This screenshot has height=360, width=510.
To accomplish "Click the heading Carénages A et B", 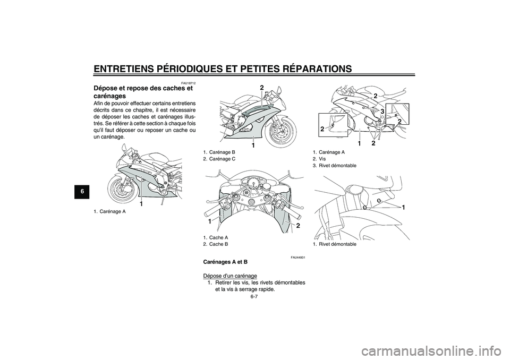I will click(225, 262).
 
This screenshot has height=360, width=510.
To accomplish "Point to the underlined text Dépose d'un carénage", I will click(230, 276).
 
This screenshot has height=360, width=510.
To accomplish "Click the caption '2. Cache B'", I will click(215, 244).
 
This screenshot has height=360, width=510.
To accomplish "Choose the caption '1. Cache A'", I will click(215, 237).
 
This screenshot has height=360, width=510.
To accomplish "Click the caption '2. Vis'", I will click(321, 159).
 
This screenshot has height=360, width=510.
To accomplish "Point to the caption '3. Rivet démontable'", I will click(334, 166).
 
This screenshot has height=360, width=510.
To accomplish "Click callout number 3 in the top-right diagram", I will click(381, 110).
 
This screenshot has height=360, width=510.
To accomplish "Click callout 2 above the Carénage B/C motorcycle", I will click(262, 87).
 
